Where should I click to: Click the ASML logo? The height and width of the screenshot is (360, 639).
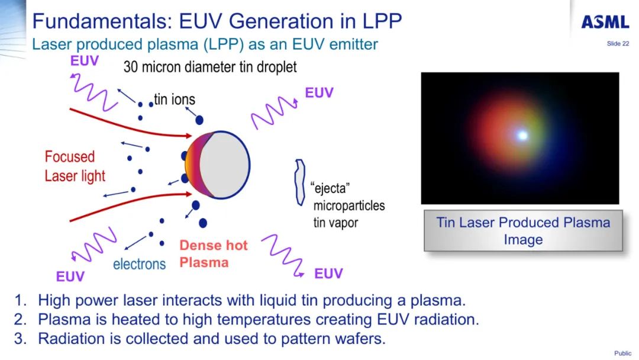coord(605,22)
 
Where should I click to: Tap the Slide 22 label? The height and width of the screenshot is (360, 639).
coord(618,44)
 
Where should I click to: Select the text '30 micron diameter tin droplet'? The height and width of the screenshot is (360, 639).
coord(210,67)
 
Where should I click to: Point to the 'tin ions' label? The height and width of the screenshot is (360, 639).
coord(175,99)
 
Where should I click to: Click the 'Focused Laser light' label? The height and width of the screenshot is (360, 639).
coord(75,166)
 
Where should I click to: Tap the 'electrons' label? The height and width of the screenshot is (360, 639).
coord(139,264)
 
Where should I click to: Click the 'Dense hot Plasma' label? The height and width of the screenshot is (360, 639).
coord(213,254)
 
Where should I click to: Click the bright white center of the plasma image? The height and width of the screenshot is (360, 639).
coord(522,136)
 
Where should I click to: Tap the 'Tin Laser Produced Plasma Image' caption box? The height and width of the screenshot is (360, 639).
coord(523,231)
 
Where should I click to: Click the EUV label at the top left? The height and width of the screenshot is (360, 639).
coord(85,61)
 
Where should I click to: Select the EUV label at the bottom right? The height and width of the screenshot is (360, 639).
coord(328,274)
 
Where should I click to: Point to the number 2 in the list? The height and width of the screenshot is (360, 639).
coord(21,320)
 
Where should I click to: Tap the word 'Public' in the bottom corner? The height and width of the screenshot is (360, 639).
coord(622,353)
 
